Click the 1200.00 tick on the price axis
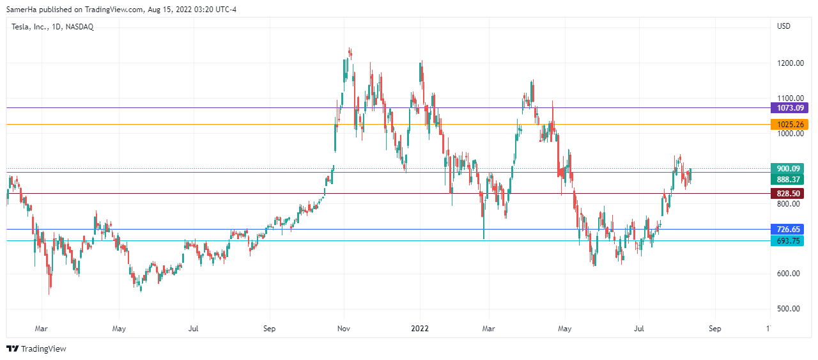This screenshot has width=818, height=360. tap(789, 63)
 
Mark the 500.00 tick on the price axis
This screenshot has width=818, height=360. tap(789, 309)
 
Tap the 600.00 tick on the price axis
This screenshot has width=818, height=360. tap(789, 274)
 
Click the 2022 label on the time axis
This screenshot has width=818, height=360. tap(419, 329)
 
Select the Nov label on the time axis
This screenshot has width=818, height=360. tap(344, 329)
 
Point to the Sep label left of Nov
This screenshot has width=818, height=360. tap(269, 329)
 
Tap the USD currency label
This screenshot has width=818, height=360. tap(783, 27)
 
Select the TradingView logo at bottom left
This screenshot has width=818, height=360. tap(36, 348)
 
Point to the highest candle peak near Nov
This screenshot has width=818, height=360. tap(350, 49)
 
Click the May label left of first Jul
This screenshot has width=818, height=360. tap(118, 329)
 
